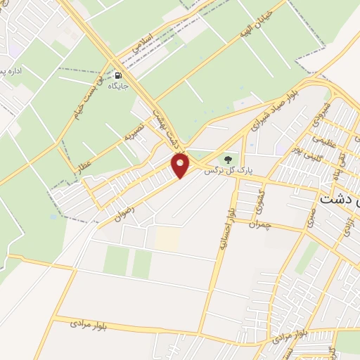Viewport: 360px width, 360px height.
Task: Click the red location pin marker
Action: [181, 166]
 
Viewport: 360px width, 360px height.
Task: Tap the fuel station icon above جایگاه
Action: [117, 75]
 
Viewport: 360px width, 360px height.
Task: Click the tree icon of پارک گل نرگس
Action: [228, 159]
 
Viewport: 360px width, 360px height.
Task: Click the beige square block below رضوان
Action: [167, 238]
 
